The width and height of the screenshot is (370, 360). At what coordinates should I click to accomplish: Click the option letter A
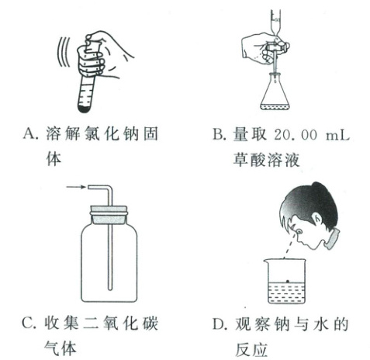click(x=29, y=134)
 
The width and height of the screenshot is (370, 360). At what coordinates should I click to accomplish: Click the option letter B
click(x=219, y=134)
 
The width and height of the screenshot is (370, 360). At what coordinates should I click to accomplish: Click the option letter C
click(x=29, y=323)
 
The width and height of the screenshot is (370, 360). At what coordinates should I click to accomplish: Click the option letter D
click(x=220, y=324)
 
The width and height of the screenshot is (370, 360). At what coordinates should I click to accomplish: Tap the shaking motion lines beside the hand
click(x=64, y=52)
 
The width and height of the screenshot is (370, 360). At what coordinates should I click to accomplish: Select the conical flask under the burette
click(x=274, y=91)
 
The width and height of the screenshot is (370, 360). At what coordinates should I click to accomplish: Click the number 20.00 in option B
click(x=296, y=134)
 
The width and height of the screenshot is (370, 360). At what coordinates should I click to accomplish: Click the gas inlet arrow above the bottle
click(x=76, y=187)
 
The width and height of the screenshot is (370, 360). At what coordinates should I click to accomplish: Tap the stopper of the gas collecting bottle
click(x=109, y=215)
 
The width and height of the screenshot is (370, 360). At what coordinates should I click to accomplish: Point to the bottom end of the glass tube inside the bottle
click(x=110, y=289)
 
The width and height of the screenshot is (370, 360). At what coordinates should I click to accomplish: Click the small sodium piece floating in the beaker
click(x=288, y=281)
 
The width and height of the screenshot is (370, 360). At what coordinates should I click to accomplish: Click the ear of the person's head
click(x=318, y=220)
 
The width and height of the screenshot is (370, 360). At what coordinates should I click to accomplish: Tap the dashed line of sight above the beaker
click(x=289, y=246)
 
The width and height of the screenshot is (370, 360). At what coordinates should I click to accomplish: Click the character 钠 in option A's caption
click(x=131, y=134)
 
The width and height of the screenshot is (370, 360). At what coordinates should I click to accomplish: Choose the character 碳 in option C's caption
click(x=150, y=324)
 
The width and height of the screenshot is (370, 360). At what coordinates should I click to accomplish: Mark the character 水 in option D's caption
click(x=321, y=324)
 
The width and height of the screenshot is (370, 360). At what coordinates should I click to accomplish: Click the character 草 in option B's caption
click(x=240, y=160)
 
